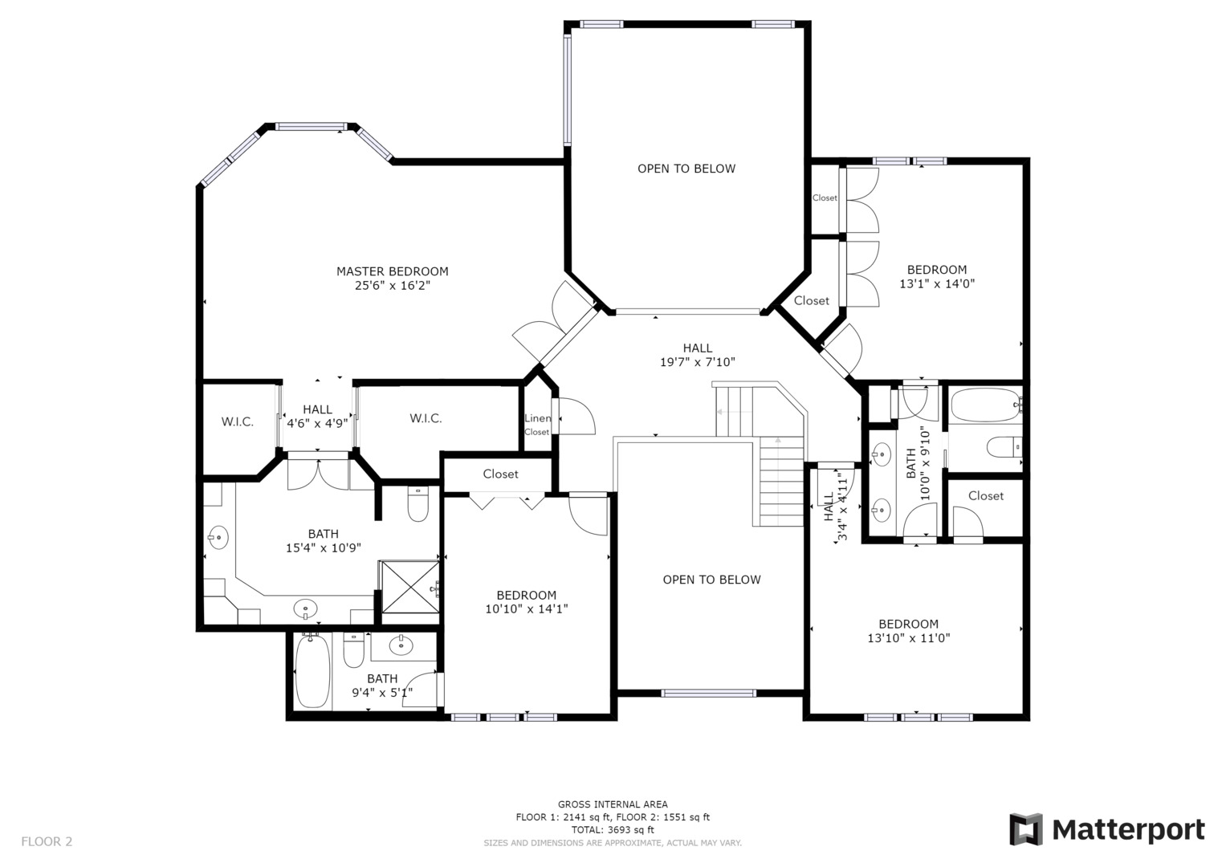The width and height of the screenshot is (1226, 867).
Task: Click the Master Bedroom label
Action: coord(392,271)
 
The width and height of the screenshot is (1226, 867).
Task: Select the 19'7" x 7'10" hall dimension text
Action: coord(697,362)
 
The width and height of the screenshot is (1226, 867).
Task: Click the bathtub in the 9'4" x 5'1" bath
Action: coord(312,671)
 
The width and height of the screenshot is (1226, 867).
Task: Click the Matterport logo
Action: coord(1106,829)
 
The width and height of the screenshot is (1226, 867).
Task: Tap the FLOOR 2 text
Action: coord(47,841)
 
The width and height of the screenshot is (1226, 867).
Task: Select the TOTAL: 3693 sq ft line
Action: coord(612,829)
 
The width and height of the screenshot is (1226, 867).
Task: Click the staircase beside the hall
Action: coord(780,482)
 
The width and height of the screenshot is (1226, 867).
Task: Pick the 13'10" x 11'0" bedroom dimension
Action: coord(908,638)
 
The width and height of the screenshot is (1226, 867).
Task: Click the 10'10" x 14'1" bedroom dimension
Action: coord(526,609)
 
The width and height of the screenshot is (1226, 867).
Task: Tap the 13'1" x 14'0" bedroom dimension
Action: coord(936,283)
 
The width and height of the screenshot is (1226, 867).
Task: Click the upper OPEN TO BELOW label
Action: coord(686,169)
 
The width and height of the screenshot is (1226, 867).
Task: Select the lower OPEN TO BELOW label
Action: coord(711,580)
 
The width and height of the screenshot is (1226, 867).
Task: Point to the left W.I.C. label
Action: coord(237,421)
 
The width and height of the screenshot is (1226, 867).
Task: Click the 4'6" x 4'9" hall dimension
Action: coord(317,423)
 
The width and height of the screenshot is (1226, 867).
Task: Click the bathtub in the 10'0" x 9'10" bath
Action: coord(984,405)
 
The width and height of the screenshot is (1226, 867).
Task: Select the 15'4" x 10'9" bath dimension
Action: coord(323,547)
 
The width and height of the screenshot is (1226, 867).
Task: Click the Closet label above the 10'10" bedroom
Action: coord(500,474)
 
